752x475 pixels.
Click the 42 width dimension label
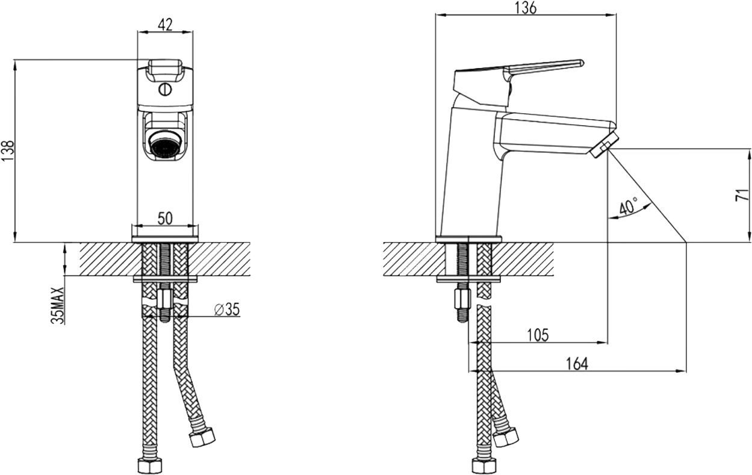[165, 25]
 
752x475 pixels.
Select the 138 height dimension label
[8, 150]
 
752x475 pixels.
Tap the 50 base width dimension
[165, 219]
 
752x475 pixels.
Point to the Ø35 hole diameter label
[227, 309]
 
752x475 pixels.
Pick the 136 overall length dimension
[526, 8]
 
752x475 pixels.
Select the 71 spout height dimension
[742, 195]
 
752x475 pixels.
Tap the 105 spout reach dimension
[538, 335]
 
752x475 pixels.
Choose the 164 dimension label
[577, 364]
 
